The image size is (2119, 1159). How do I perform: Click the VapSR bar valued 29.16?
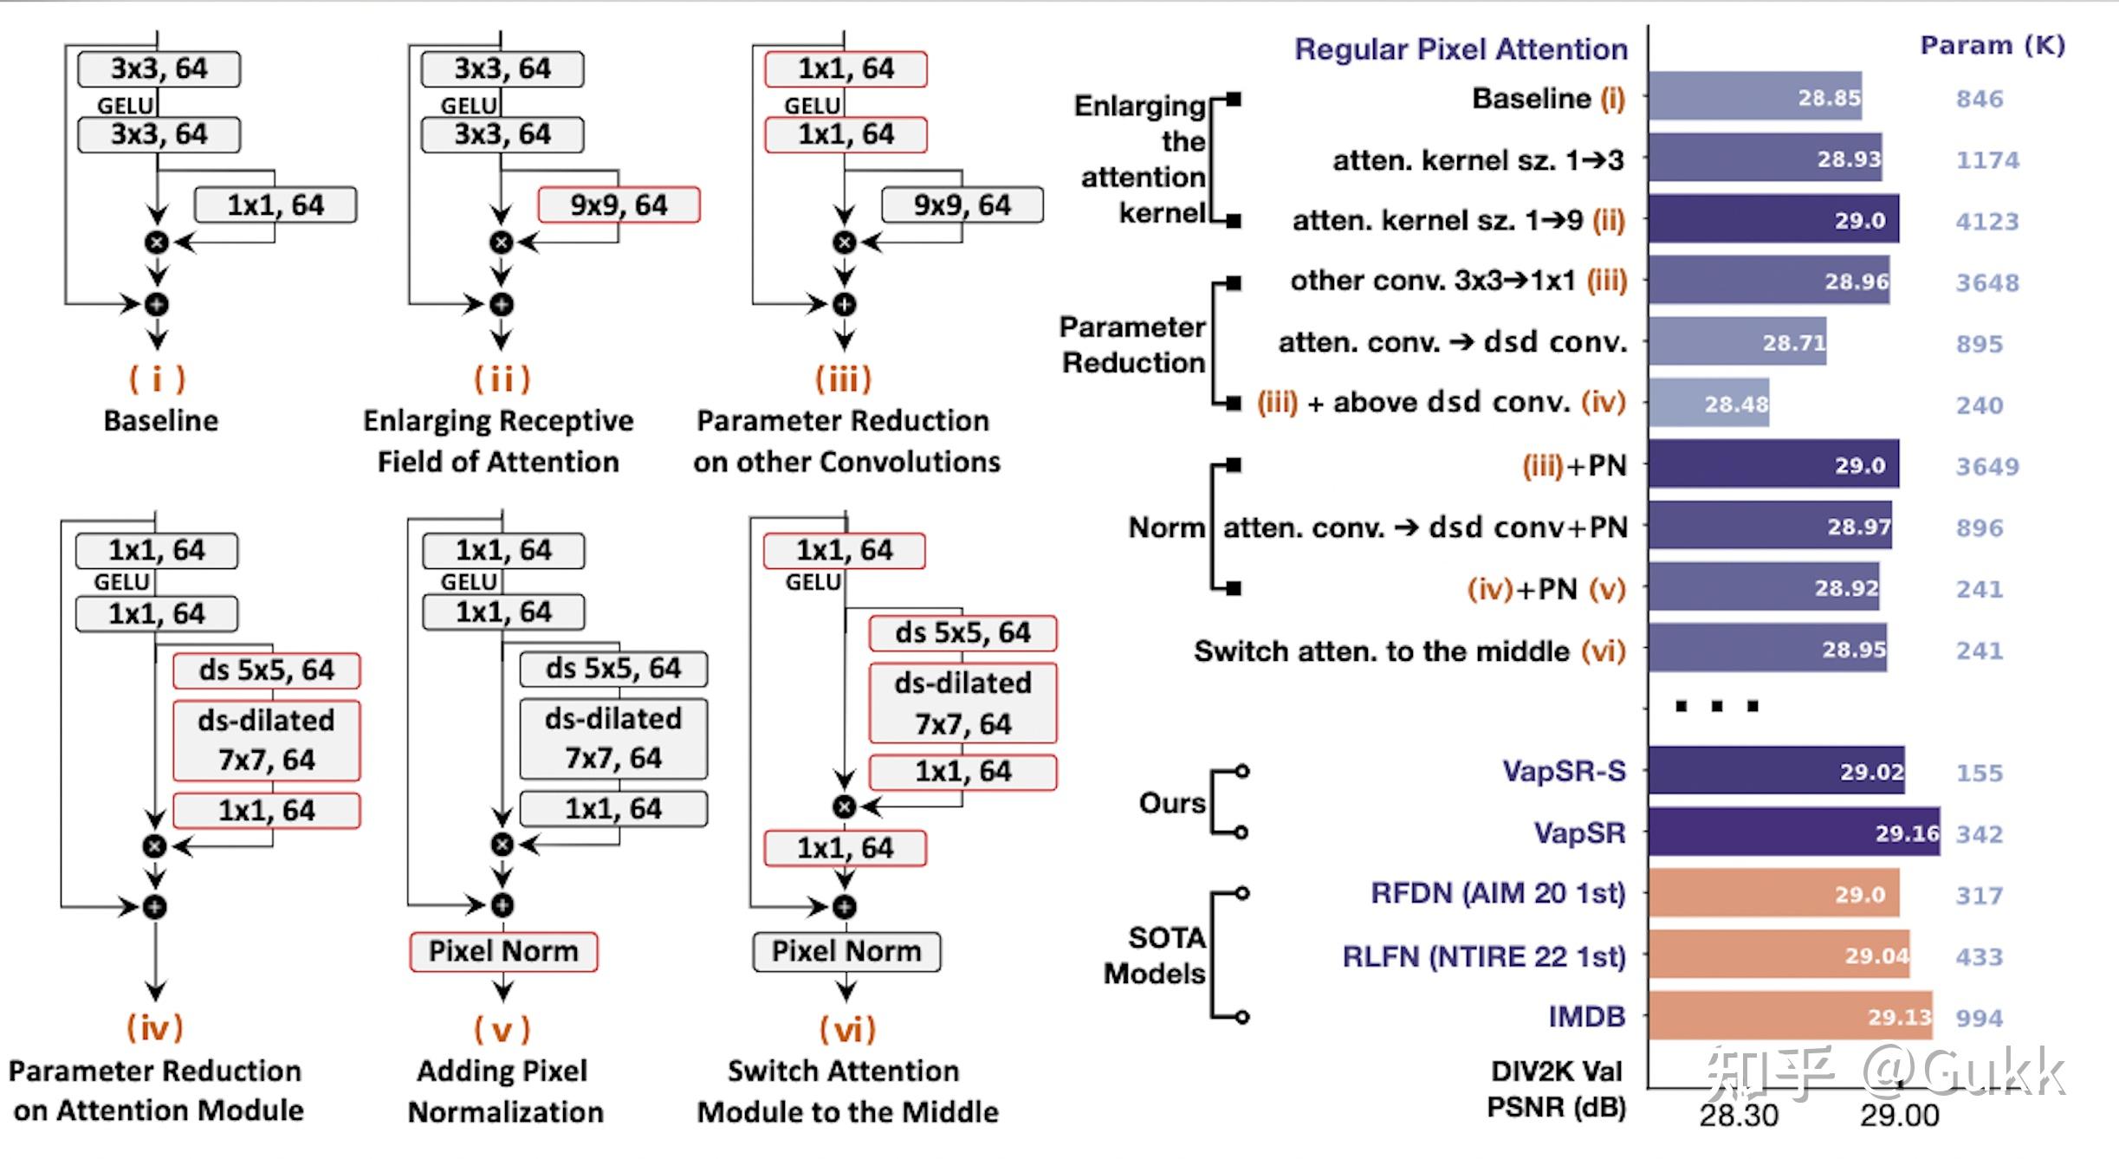[1793, 832]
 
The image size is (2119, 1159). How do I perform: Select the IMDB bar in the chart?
[1790, 1016]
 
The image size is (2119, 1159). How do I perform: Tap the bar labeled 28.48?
[1708, 404]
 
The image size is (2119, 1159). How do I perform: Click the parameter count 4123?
[1986, 222]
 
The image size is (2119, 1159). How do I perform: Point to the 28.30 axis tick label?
[1738, 1115]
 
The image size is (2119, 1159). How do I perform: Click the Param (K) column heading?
[1992, 45]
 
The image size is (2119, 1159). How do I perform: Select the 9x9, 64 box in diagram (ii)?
[619, 205]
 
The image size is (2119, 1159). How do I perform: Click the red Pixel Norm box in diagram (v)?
[503, 951]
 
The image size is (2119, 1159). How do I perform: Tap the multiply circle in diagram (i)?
[157, 243]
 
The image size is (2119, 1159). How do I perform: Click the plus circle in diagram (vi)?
[845, 907]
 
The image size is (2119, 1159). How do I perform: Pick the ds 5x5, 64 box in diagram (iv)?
[266, 670]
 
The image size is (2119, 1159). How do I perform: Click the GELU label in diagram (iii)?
[812, 106]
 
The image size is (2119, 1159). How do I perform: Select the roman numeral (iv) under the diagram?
[155, 1028]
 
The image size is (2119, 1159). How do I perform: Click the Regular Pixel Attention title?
[1461, 49]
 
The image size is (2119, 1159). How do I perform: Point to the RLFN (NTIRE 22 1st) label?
[1483, 956]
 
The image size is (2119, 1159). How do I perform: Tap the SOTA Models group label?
[1155, 955]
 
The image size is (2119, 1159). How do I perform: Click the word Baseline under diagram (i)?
[161, 421]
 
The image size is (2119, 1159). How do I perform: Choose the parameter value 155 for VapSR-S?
[1979, 773]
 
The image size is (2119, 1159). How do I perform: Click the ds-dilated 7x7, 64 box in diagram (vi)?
[962, 703]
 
